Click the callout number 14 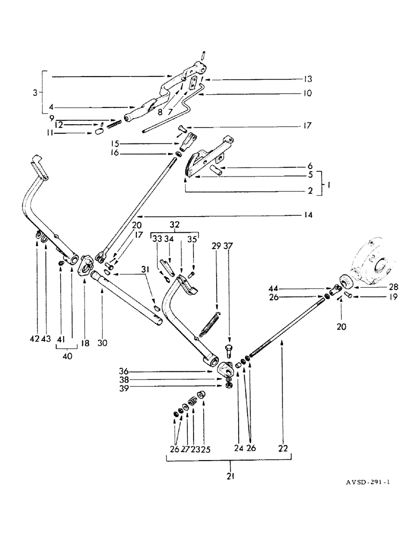pyautogui.click(x=308, y=216)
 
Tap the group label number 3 pyautogui.click(x=35, y=93)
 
